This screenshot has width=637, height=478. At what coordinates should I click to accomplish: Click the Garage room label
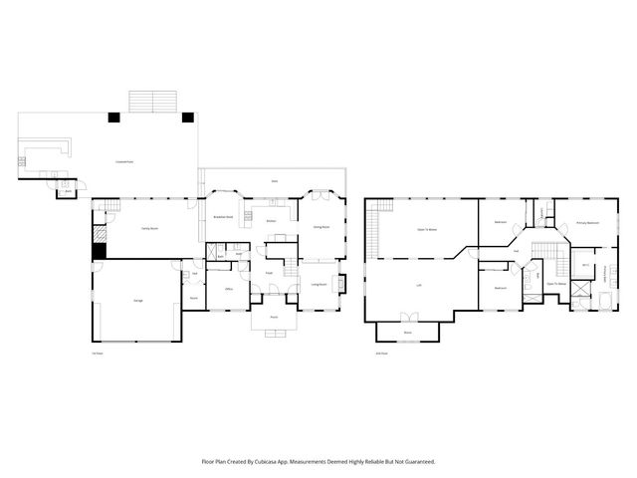coord(136,300)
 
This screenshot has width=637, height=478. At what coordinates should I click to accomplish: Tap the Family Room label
coord(136,228)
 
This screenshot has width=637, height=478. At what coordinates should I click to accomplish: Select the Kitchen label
coord(271,220)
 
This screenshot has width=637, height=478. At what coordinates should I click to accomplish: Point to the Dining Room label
coord(321,227)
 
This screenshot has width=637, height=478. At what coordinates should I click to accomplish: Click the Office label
coord(228,289)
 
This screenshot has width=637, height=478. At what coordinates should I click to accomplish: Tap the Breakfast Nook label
coord(223,216)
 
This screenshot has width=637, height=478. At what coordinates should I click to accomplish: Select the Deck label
coord(275,180)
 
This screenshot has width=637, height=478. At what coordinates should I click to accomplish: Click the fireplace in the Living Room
coord(341,284)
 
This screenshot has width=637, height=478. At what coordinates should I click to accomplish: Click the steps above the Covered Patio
coord(152,101)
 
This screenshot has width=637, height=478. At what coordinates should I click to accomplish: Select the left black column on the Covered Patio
coord(114,118)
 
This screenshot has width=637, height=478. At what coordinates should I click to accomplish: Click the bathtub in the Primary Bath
coord(606,300)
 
